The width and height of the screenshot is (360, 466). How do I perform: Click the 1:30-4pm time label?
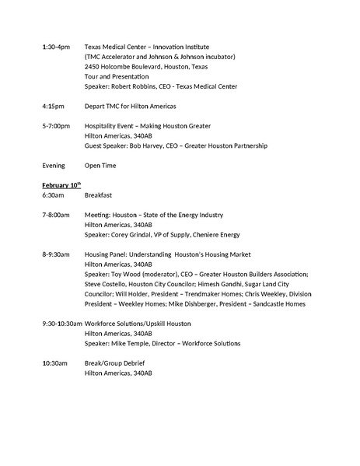55,47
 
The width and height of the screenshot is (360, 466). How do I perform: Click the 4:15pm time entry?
53,106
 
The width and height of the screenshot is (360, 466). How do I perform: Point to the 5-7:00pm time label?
56,125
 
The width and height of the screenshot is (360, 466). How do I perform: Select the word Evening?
54,165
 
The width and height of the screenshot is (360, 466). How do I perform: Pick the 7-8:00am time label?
56,215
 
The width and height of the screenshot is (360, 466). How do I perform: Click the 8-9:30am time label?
56,254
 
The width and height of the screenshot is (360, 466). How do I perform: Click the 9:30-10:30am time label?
62,324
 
